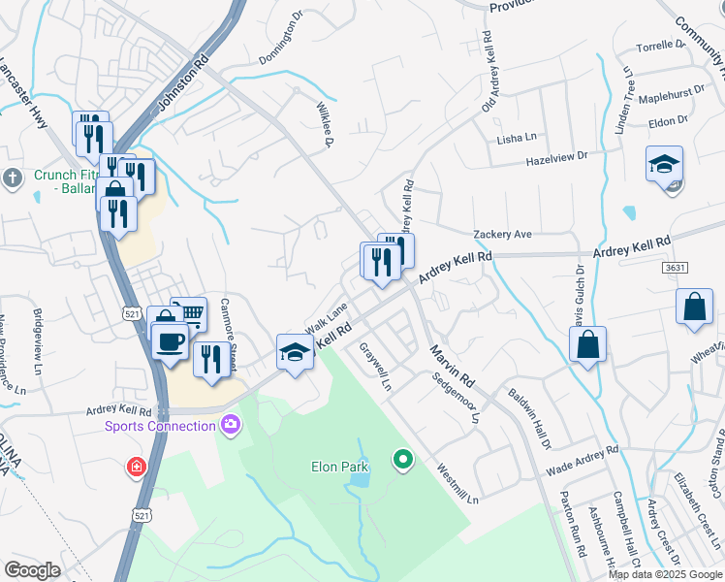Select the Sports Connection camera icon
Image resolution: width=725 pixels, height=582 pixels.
(231, 424)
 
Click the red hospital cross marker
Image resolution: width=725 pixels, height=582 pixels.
(138, 468)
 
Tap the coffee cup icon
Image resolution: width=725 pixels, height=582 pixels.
(171, 342)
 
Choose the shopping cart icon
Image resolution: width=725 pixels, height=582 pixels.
(191, 312)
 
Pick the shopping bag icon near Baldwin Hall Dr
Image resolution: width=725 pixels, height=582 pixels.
(587, 344)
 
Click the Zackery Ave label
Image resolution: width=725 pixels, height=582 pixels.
(502, 235)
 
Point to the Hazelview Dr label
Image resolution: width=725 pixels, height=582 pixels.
(556, 155)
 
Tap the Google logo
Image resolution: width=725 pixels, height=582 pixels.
(32, 570)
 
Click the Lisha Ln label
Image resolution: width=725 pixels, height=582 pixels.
(517, 139)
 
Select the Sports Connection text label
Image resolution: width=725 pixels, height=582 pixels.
(160, 426)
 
